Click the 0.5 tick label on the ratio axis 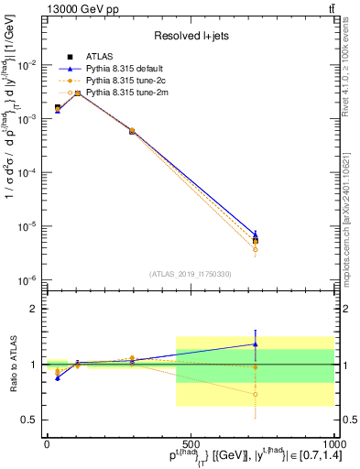tap(28, 420)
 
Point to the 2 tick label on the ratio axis tap(33, 310)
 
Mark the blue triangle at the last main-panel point tap(256, 234)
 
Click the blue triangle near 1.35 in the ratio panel tap(256, 344)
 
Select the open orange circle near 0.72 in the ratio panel tap(256, 395)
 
